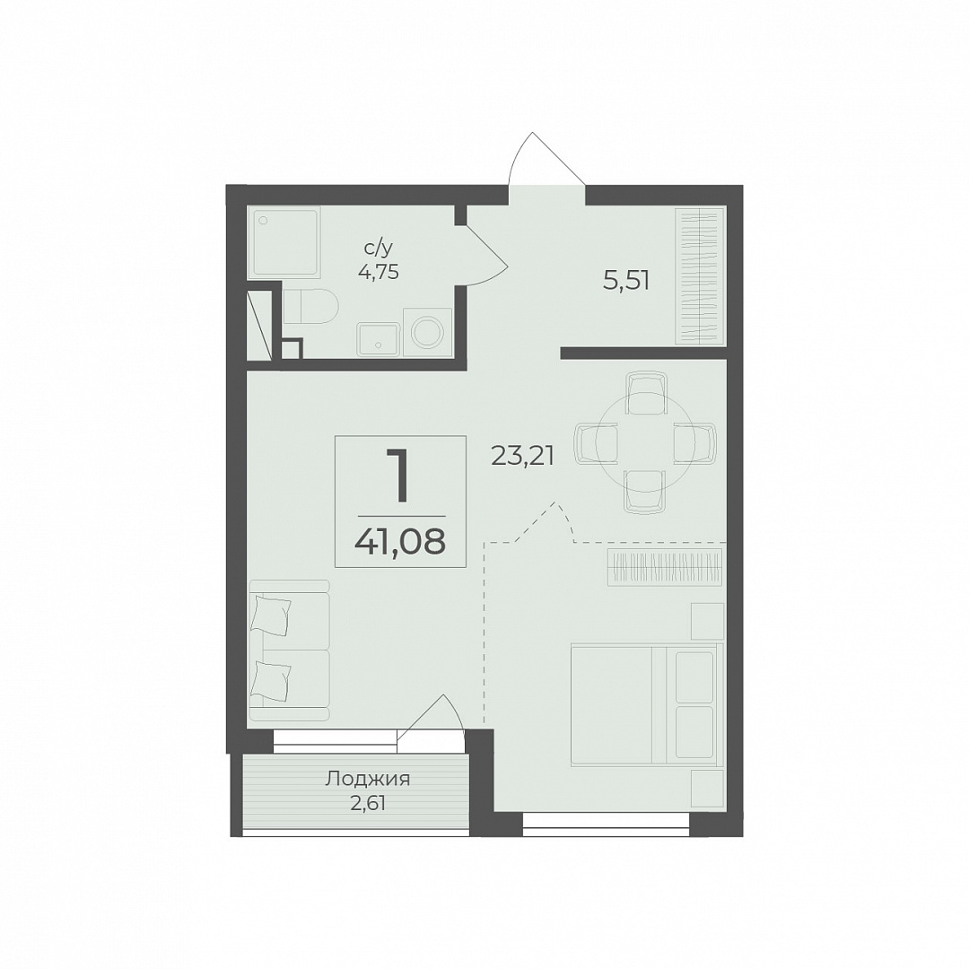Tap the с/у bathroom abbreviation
tap(379, 249)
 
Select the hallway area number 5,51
tap(626, 281)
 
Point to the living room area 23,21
tap(522, 456)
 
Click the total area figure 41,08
tap(400, 542)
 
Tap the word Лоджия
tap(368, 780)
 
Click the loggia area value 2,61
tap(369, 804)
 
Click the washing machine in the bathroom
tap(427, 331)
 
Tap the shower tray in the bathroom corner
tap(285, 243)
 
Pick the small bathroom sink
tap(379, 338)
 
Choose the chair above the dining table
tap(646, 392)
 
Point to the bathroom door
tap(486, 255)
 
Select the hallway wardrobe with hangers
tap(700, 275)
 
